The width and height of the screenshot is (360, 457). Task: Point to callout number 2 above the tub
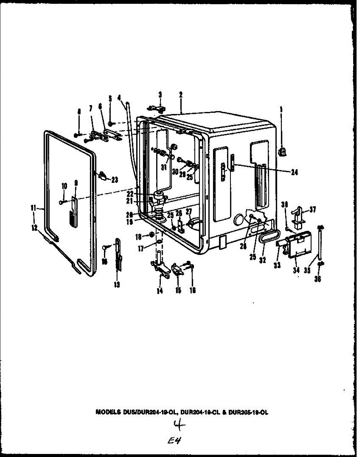[x=181, y=95]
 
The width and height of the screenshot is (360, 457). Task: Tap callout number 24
[x=294, y=172]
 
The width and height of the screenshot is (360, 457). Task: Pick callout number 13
[x=117, y=285]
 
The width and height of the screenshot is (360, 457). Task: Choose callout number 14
[x=159, y=291]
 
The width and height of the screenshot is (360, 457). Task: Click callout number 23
[x=114, y=181]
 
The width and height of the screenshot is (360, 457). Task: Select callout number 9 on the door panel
[x=76, y=183]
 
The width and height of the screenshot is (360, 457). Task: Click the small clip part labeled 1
[x=282, y=152]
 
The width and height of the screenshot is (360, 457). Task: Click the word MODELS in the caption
[x=108, y=412]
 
